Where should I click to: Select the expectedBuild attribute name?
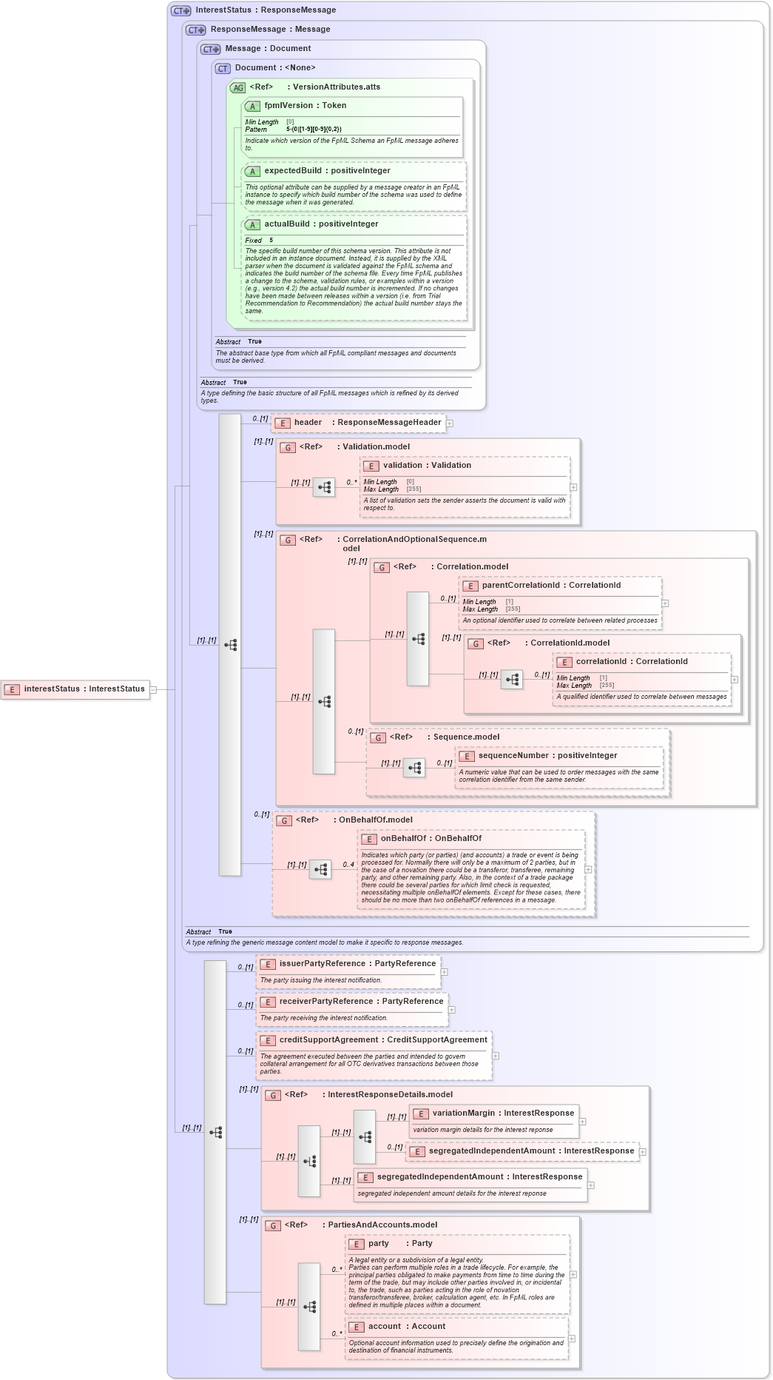293,171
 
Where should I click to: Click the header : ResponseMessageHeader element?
367,423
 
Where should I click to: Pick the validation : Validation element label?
426,466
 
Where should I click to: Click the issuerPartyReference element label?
357,964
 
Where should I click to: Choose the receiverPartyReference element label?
361,1002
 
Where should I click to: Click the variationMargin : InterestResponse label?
503,1113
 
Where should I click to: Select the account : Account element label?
406,1327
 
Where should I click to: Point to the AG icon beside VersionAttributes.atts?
237,87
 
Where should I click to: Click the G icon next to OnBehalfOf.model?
284,820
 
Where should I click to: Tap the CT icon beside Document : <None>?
223,68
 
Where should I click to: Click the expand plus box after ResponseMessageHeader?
450,423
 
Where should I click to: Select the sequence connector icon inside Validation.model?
324,487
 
